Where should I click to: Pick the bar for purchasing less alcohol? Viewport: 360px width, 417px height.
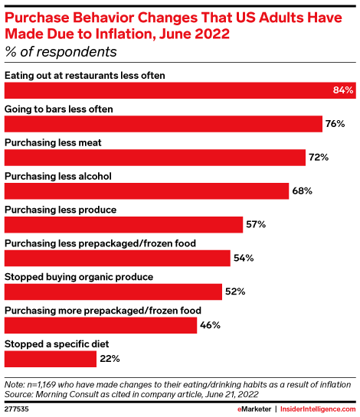146,191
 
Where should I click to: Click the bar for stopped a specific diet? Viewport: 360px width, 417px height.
51,358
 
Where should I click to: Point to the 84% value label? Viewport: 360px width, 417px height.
343,90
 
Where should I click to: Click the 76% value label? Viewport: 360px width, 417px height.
335,124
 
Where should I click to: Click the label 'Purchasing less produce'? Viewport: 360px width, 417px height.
61,209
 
